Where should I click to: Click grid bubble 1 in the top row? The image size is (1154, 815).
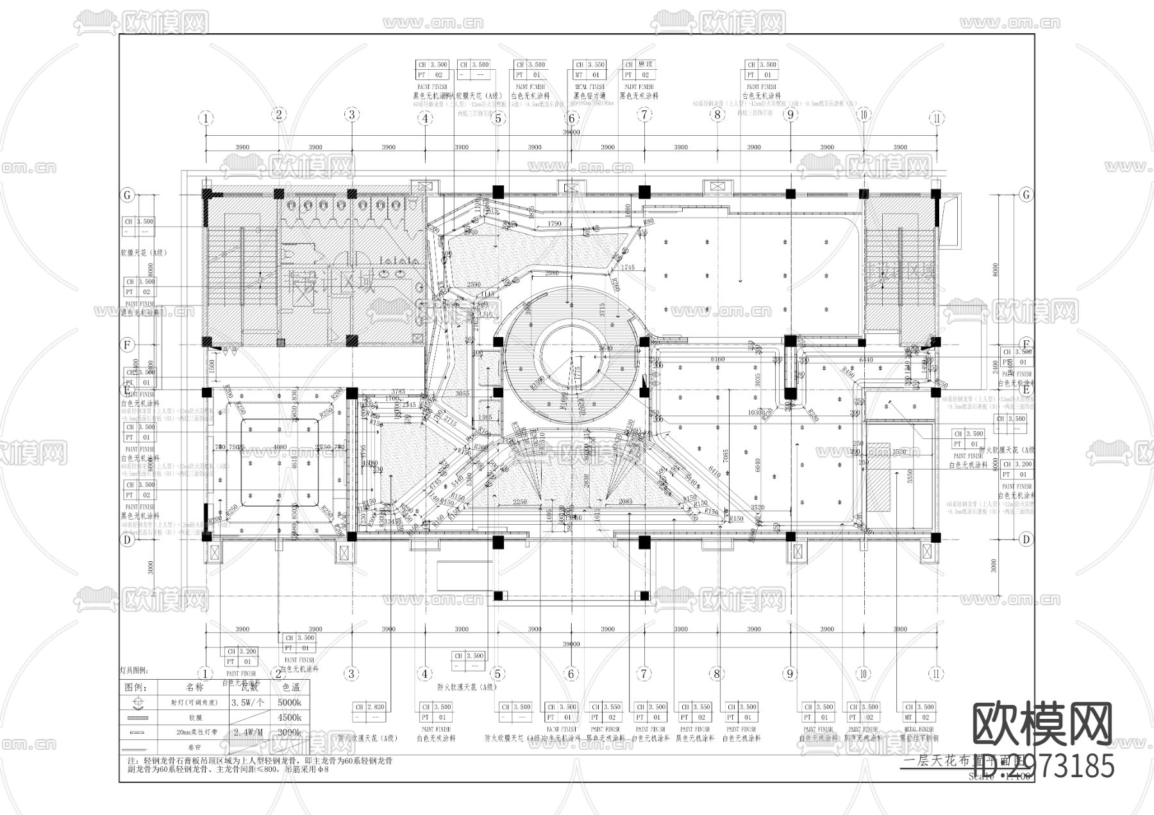[x=206, y=118]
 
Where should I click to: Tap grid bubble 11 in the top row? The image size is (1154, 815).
[x=937, y=118]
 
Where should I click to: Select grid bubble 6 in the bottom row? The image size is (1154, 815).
[x=571, y=673]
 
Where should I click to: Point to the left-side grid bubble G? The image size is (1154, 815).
[x=128, y=195]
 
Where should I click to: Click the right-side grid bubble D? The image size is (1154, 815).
[x=1026, y=539]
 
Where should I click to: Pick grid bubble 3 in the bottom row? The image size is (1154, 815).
[x=351, y=673]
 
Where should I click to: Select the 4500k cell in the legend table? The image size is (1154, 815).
[x=290, y=718]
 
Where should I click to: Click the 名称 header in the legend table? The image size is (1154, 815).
[x=194, y=687]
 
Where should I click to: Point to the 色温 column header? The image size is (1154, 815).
[x=290, y=687]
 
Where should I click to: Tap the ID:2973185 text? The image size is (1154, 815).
[x=1043, y=766]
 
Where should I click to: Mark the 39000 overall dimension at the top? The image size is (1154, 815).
[x=571, y=132]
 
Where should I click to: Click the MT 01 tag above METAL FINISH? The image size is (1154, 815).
[x=589, y=70]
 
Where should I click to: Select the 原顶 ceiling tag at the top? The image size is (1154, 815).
[x=637, y=70]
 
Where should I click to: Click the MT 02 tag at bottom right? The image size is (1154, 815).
[x=918, y=712]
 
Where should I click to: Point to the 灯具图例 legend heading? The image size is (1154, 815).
[x=134, y=671]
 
